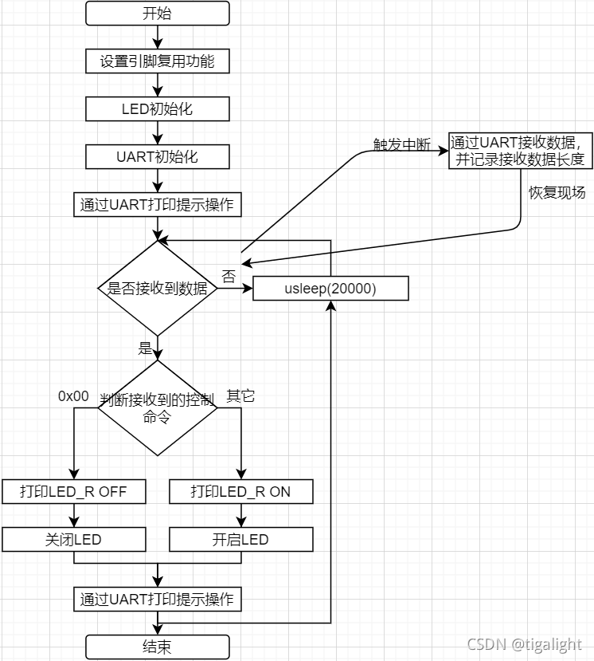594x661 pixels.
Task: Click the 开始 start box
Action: pos(158,13)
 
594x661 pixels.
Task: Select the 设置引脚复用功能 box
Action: pos(158,61)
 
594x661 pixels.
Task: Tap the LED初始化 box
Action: pos(158,109)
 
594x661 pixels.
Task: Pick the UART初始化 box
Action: pos(158,157)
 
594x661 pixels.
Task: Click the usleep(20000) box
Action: pos(330,289)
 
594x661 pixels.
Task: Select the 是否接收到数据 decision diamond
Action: pos(158,289)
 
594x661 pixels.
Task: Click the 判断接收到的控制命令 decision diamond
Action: pos(158,408)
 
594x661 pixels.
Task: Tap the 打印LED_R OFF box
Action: pos(74,491)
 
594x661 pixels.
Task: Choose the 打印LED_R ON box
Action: pos(241,491)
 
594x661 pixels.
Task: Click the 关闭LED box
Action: pos(74,540)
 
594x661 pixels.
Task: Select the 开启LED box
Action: pos(241,540)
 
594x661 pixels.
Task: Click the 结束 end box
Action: pos(158,647)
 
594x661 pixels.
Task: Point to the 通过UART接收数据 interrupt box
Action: pos(521,151)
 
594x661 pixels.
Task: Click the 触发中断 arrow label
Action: pos(402,144)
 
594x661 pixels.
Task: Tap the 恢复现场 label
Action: pos(557,193)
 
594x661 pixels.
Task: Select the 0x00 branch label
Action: pos(73,396)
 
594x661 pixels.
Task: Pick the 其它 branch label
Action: pos(240,396)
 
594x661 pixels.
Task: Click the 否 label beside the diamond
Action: pos(229,277)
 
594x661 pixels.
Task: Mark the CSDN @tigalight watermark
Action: pos(525,644)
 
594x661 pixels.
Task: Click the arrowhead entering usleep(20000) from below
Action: pos(331,305)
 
